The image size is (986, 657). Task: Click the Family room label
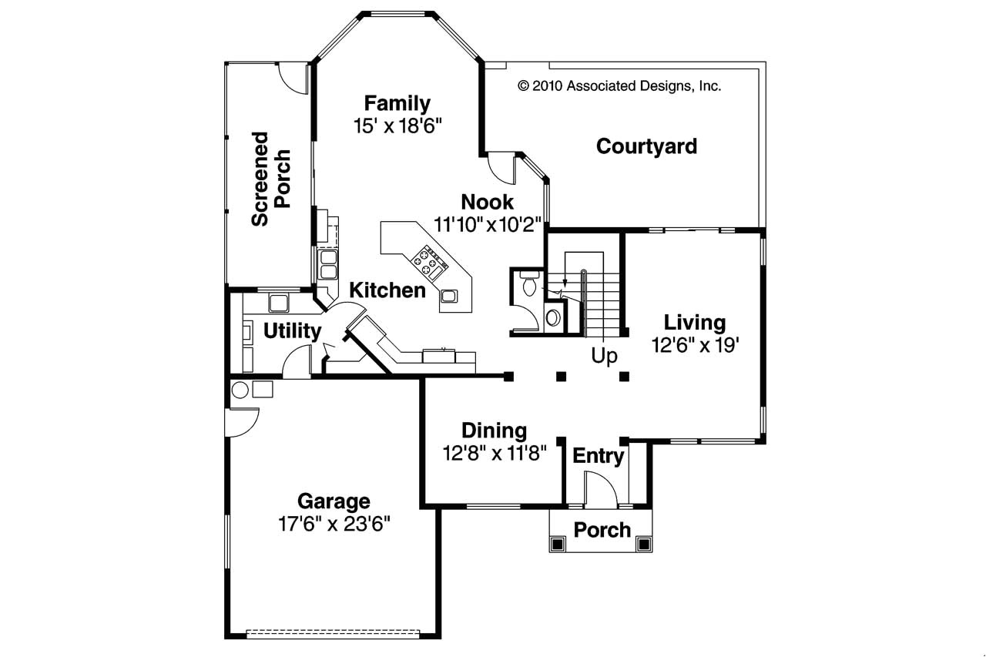pos(397,103)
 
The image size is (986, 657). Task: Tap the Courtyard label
pos(646,146)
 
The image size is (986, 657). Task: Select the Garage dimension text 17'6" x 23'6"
pos(334,525)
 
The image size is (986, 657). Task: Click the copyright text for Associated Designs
pos(619,86)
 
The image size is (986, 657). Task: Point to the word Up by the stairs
pos(604,357)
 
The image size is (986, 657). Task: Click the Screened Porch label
pos(271,179)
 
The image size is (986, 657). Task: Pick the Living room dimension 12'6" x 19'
pos(695,345)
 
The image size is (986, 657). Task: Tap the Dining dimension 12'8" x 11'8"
pos(494,453)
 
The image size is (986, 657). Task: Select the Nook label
pos(487,203)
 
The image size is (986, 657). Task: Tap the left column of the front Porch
pos(558,545)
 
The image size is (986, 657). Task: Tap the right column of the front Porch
pos(644,545)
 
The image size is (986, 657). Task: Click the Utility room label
pos(292,331)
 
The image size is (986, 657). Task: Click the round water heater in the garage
pos(240,390)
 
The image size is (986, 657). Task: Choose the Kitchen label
pos(387,290)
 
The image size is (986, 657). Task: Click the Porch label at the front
pos(602,530)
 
